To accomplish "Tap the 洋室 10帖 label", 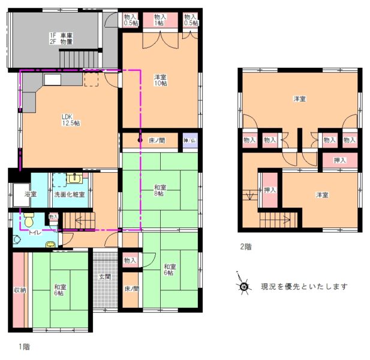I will click(x=160, y=80).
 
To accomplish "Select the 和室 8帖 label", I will click(x=160, y=190).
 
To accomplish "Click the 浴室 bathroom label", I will click(x=30, y=194).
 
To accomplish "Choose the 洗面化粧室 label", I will click(x=70, y=194).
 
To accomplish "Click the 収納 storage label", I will click(x=20, y=290).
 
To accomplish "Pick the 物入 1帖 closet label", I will click(x=160, y=20).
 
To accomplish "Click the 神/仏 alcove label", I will click(x=189, y=140).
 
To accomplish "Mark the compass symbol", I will click(x=244, y=286).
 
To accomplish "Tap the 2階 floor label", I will click(x=246, y=246).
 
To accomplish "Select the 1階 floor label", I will click(x=24, y=346).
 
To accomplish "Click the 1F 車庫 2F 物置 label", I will click(x=61, y=39).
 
